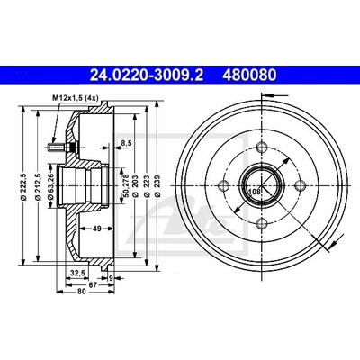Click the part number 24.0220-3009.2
(x=147, y=76)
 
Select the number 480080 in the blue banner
(x=249, y=76)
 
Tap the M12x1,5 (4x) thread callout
(x=76, y=97)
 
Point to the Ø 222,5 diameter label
(x=25, y=186)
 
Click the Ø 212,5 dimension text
(x=38, y=186)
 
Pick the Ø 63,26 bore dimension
(x=50, y=186)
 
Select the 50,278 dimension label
(x=126, y=185)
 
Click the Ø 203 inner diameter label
(x=135, y=186)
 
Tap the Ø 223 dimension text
(x=147, y=186)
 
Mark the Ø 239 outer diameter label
(x=157, y=186)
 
